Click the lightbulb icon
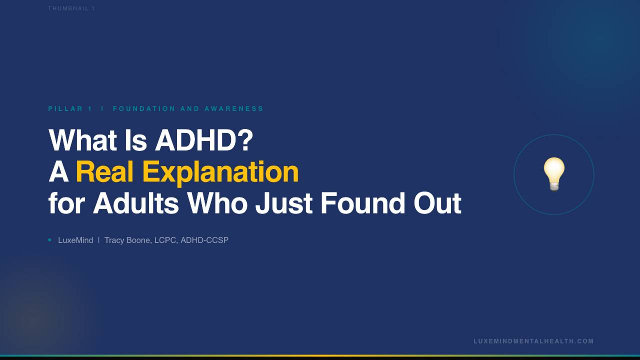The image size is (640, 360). click(x=554, y=173)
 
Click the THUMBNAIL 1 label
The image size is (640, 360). click(x=71, y=8)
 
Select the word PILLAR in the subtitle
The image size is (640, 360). click(x=66, y=108)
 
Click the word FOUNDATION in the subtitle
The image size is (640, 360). click(x=144, y=108)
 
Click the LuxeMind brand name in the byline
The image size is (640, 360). click(x=75, y=240)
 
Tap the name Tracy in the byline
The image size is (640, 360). click(x=114, y=240)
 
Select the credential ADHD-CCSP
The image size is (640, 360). click(x=204, y=240)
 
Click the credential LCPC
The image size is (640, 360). click(x=165, y=240)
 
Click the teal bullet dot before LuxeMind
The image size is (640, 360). click(x=50, y=240)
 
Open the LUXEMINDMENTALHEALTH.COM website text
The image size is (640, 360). click(x=533, y=341)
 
